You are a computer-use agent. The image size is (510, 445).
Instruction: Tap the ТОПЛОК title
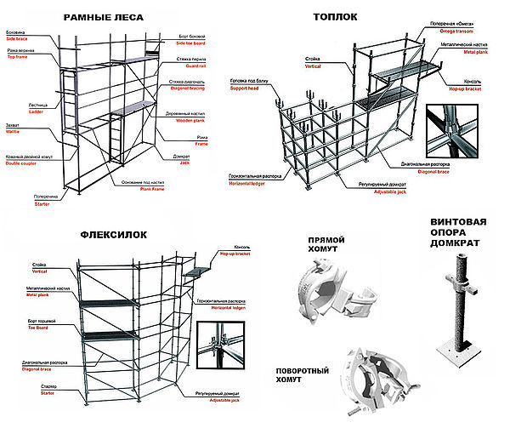pyautogui.click(x=336, y=16)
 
